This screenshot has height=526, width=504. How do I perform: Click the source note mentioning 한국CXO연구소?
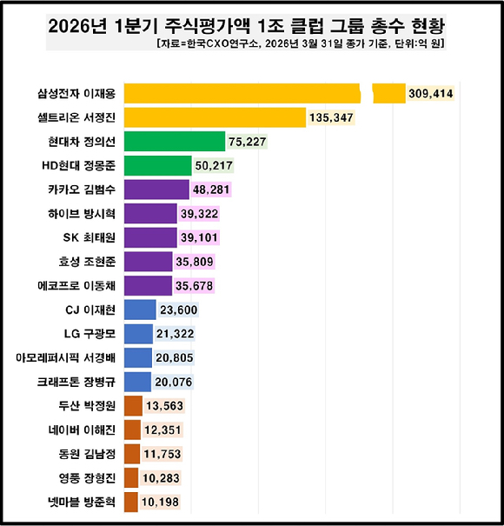tap(304, 43)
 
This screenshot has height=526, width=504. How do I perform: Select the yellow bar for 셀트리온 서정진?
tap(215, 117)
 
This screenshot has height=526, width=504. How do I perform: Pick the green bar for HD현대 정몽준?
tap(158, 165)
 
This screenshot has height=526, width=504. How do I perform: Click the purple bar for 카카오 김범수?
tap(157, 189)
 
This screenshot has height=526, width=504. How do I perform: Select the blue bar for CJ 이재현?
tap(141, 310)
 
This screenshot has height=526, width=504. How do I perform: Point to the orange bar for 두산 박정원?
tap(134, 406)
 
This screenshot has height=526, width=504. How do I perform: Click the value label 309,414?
tap(432, 93)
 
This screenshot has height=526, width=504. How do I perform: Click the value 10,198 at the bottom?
tap(162, 502)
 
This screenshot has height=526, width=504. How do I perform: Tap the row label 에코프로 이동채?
tap(83, 285)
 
